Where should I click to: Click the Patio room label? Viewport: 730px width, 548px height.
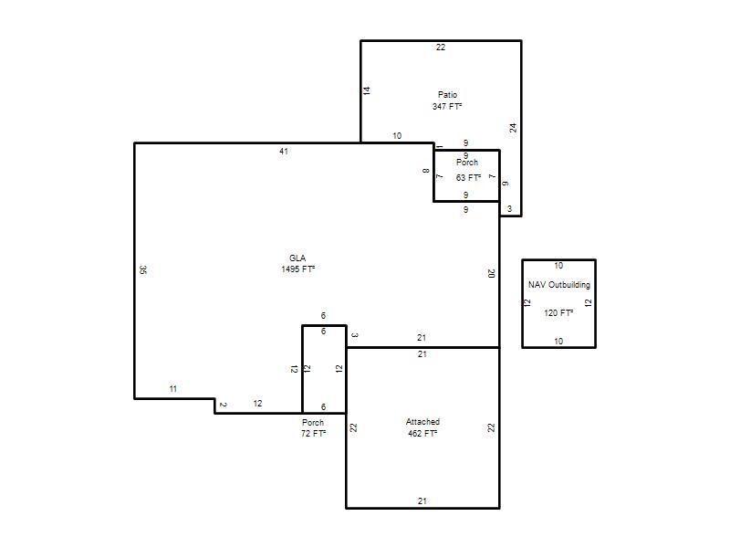[x=447, y=95]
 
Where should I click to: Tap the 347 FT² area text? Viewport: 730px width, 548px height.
[x=447, y=106]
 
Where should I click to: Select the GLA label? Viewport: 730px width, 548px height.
[x=297, y=258]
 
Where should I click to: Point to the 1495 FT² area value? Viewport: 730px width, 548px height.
[x=298, y=269]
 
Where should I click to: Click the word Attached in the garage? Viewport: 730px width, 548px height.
[x=422, y=422]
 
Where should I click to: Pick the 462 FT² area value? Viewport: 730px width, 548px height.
[x=422, y=433]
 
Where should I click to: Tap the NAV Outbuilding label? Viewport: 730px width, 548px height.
[x=559, y=285]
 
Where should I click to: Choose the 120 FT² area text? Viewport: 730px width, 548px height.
[x=558, y=312]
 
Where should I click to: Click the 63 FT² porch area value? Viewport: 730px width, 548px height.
[x=468, y=177]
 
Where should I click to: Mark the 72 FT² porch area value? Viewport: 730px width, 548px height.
[x=313, y=433]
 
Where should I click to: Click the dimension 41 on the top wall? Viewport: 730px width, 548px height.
[x=284, y=152]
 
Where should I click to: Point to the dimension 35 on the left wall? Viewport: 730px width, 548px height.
[x=143, y=269]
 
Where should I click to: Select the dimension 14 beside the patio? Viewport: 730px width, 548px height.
[x=367, y=90]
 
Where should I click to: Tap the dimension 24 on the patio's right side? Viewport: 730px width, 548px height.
[x=513, y=128]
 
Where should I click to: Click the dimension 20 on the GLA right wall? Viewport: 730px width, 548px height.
[x=491, y=273]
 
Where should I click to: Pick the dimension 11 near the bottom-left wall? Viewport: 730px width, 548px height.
[x=173, y=389]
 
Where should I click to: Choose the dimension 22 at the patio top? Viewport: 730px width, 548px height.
[x=441, y=47]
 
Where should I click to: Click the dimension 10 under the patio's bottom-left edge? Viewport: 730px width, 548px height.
[x=397, y=135]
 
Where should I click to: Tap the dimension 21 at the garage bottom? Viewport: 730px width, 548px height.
[x=422, y=501]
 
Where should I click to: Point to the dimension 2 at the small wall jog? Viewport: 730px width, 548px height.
[x=223, y=405]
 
